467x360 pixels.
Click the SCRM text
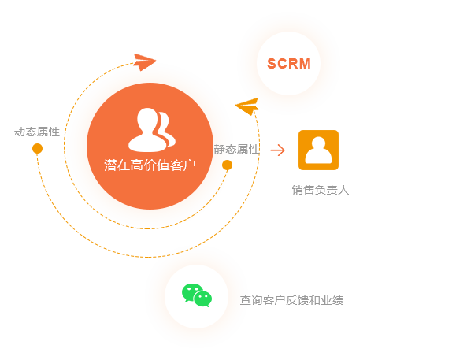coord(289,64)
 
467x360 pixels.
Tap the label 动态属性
coord(37,132)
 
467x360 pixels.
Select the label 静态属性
coord(237,149)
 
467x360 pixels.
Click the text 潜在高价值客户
coord(150,165)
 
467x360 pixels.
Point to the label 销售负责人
coord(321,190)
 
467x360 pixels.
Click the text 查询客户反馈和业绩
coord(291,300)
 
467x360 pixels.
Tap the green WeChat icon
coord(197,295)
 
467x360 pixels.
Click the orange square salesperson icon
coord(318,150)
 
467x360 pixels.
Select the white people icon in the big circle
coord(152,130)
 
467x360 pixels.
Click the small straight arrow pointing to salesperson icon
coord(277,150)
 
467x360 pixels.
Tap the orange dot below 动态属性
coord(37,148)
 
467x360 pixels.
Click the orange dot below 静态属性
coord(227,165)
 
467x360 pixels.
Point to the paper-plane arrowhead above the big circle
coord(145,62)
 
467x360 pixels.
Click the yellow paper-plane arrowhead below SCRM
coord(247,106)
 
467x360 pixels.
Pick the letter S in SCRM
coord(272,64)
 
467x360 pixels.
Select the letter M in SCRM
coord(306,64)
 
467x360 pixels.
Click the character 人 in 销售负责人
coord(343,190)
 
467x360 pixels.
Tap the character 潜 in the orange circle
coord(110,165)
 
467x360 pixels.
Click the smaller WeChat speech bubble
coord(203,299)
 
